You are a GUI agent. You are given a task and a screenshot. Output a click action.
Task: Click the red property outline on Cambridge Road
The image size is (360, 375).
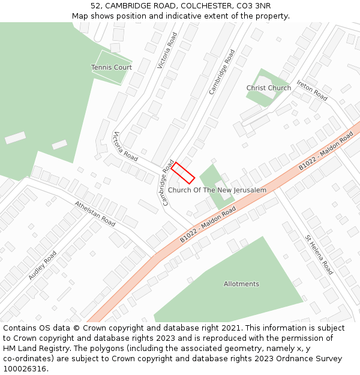click(x=183, y=173)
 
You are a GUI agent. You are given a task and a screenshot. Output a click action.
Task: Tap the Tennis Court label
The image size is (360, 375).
click(x=112, y=67)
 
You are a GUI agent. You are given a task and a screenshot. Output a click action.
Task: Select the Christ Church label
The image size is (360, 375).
click(x=268, y=88)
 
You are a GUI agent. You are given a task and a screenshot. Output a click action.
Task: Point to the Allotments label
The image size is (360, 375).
click(x=241, y=284)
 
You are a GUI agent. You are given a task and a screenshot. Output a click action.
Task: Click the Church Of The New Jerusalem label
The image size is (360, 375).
click(x=217, y=190)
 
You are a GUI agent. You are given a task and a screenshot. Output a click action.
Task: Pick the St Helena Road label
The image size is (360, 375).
click(x=319, y=254)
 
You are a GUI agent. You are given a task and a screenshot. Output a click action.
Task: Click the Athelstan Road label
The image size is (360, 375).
click(x=95, y=213)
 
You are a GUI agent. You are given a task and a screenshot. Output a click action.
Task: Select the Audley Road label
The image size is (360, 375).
click(x=42, y=265)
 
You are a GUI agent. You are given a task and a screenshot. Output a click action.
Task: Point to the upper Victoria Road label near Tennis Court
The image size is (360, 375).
click(x=167, y=50)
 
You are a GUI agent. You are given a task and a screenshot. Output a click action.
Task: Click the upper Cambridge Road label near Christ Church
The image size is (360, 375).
click(x=222, y=71)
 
